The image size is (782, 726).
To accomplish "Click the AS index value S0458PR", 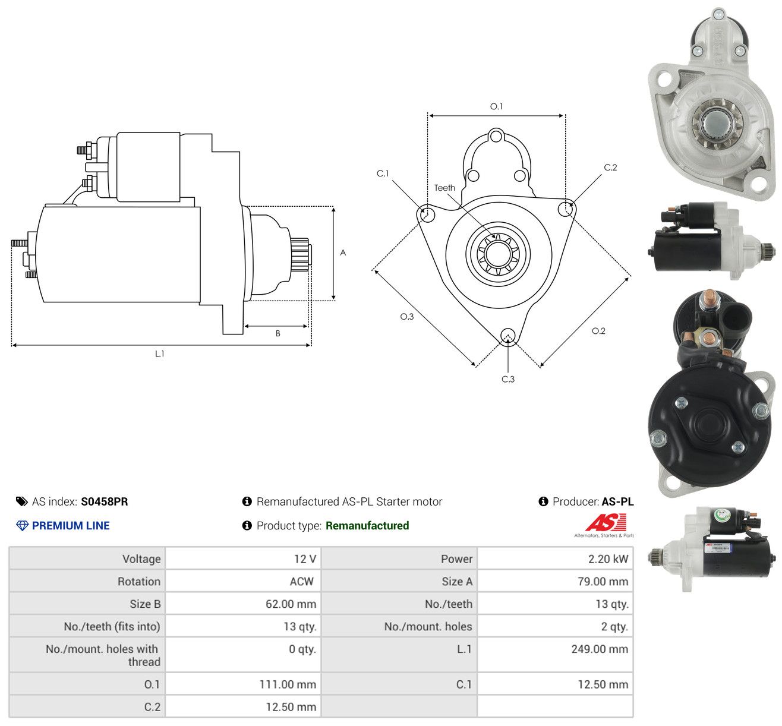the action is pos(105,501).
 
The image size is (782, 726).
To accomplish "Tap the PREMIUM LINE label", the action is pos(71,526).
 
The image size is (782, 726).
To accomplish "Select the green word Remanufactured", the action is pos(367,526).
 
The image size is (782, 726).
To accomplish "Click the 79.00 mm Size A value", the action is pos(603,582).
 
